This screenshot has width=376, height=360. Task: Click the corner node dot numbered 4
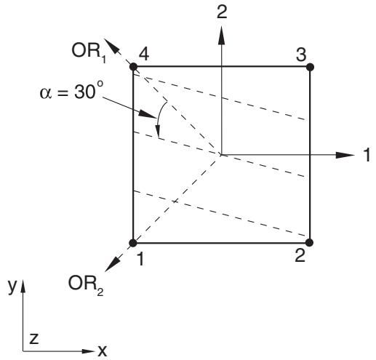pyautogui.click(x=133, y=66)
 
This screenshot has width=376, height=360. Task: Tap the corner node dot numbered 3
pyautogui.click(x=310, y=67)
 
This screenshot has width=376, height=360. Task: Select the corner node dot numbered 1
pyautogui.click(x=133, y=243)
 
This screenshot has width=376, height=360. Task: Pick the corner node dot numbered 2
pyautogui.click(x=310, y=242)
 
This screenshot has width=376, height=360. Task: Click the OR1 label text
pyautogui.click(x=89, y=52)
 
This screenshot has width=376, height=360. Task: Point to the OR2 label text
pyautogui.click(x=86, y=285)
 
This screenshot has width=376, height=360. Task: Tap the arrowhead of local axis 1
pyautogui.click(x=345, y=155)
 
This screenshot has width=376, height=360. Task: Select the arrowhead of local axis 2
pyautogui.click(x=221, y=35)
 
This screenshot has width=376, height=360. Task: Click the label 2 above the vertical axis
pyautogui.click(x=222, y=12)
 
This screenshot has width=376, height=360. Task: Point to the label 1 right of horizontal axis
pyautogui.click(x=368, y=155)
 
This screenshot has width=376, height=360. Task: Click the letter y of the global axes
pyautogui.click(x=12, y=287)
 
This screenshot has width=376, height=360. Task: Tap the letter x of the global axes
pyautogui.click(x=102, y=351)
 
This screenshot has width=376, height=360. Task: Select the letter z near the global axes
pyautogui.click(x=34, y=339)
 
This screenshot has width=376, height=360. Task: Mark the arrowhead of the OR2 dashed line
pyautogui.click(x=112, y=264)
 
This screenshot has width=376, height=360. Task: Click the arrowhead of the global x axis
pyautogui.click(x=88, y=351)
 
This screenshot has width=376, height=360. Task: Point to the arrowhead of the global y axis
pyautogui.click(x=23, y=286)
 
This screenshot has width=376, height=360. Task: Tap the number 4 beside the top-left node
pyautogui.click(x=144, y=54)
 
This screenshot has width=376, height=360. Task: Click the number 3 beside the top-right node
pyautogui.click(x=301, y=55)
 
